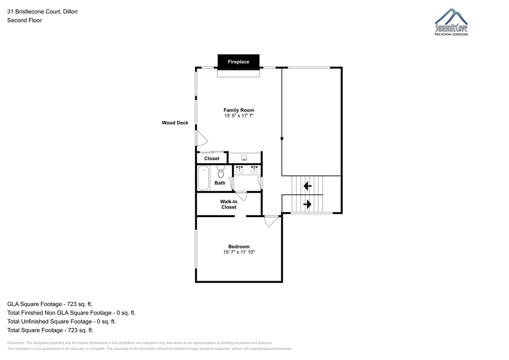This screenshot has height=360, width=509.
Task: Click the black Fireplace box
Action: (x=238, y=62)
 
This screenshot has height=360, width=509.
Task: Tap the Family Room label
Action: (x=238, y=110)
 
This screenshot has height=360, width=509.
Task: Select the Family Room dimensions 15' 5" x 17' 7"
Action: (x=238, y=116)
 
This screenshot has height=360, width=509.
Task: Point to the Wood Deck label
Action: (x=175, y=123)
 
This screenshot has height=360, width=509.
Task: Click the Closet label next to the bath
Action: (x=212, y=159)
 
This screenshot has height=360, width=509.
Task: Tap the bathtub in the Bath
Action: (x=203, y=178)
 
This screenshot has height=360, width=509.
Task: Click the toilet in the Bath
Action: (x=221, y=171)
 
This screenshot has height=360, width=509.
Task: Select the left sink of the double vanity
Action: (x=239, y=170)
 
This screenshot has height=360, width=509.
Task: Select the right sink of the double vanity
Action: (x=254, y=170)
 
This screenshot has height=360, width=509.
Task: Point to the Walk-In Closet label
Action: (x=229, y=204)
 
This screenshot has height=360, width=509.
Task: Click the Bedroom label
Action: (x=239, y=247)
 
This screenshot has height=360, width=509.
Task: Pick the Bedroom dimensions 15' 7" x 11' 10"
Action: (x=239, y=252)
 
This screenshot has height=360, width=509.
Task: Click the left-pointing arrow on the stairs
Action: (x=308, y=186)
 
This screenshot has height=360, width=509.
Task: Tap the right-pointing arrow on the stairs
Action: (x=308, y=204)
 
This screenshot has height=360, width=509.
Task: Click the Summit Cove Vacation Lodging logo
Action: (x=451, y=22)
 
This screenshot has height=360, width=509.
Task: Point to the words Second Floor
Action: (x=25, y=20)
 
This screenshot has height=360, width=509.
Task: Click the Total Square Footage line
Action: (x=50, y=330)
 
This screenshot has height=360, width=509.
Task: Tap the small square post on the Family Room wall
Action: (x=282, y=138)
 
